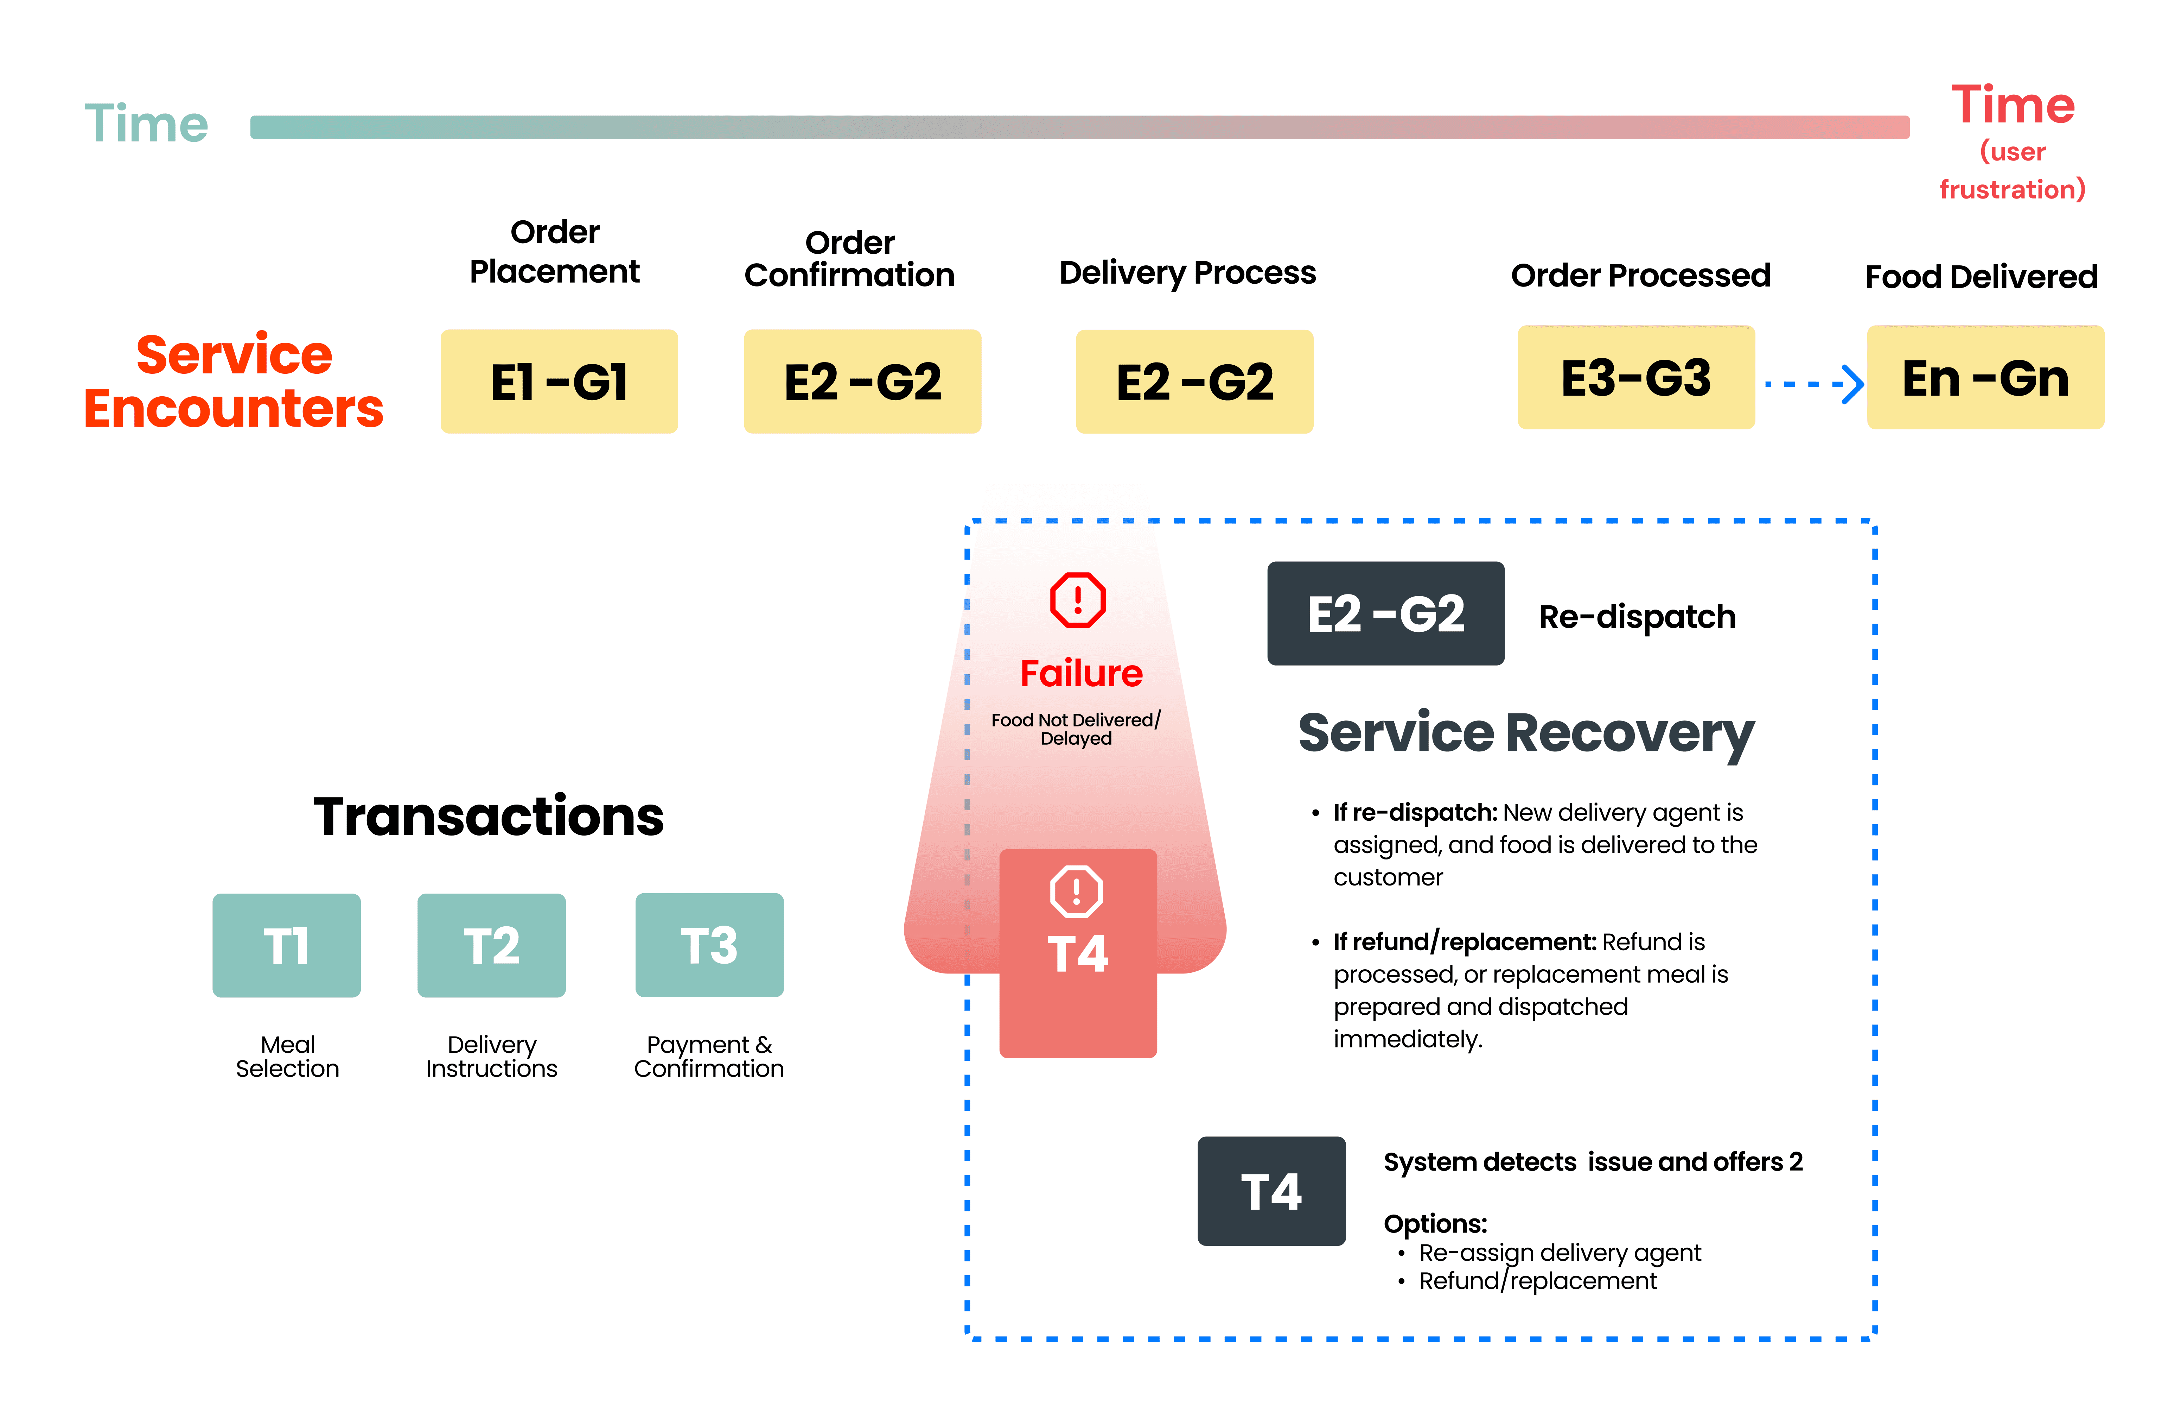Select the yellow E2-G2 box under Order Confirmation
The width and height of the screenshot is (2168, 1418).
pos(862,381)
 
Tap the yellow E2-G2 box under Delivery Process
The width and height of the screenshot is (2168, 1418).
pos(1194,381)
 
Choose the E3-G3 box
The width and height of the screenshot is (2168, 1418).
pos(1636,377)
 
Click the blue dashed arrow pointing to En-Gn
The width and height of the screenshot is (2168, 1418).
pos(1813,384)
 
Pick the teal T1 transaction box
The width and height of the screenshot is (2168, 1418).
pos(286,945)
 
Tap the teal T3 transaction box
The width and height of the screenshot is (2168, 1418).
pos(709,945)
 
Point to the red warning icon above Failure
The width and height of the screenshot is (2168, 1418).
pos(1078,600)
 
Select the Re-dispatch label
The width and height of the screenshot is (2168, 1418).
pos(1637,617)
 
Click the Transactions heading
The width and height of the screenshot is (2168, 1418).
pos(488,817)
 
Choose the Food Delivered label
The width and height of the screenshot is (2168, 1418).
pos(1981,276)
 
